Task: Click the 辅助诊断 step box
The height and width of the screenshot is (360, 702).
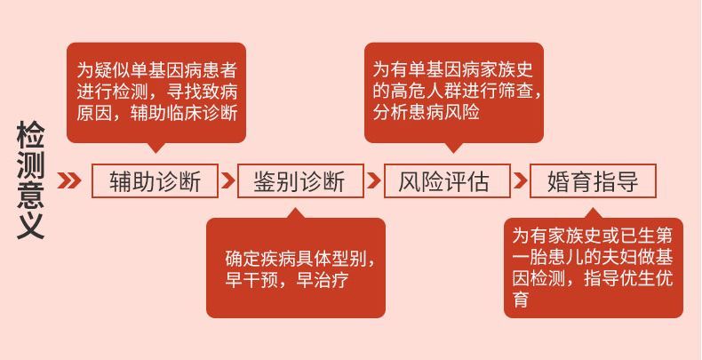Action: coord(155,182)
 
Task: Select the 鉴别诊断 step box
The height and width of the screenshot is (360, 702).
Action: coord(299,182)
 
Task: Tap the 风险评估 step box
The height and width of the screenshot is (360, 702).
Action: coord(447,182)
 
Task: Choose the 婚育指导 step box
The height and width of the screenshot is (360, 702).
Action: coord(593,182)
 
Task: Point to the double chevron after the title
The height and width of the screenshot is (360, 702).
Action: coord(69,181)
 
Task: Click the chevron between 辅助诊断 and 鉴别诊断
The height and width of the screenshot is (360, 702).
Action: coord(227,181)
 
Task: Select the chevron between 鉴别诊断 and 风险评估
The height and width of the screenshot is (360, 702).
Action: coord(373,181)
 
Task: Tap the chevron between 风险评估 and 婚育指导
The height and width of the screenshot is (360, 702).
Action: coord(520,181)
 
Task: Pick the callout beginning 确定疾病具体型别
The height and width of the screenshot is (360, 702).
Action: coord(296,268)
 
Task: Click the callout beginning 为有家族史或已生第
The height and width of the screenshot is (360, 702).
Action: coord(593,267)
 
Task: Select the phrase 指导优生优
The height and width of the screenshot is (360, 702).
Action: coord(628,277)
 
